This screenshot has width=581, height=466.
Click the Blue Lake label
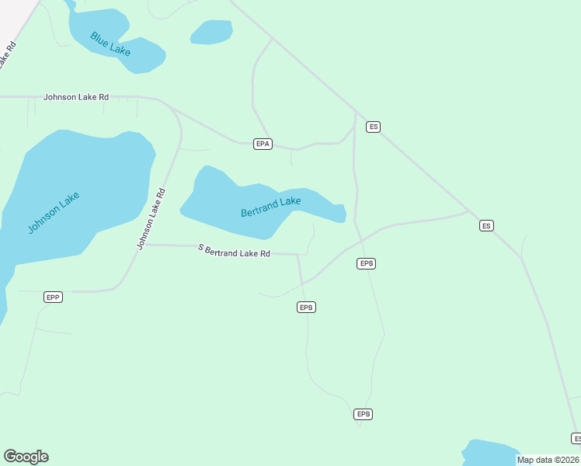click(110, 43)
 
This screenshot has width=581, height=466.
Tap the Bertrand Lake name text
click(270, 207)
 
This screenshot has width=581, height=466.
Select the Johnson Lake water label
click(54, 213)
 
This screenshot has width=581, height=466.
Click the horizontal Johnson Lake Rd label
click(76, 97)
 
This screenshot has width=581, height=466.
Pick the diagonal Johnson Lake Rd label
click(151, 219)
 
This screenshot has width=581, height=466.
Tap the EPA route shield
click(263, 144)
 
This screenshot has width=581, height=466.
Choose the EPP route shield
click(53, 297)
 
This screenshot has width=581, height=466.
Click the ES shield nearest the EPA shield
click(373, 127)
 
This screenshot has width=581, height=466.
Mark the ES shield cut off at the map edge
click(576, 439)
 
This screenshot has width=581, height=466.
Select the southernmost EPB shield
click(363, 414)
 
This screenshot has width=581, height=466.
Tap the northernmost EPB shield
click(367, 263)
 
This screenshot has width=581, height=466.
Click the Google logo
click(26, 457)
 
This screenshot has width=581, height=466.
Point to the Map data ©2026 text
click(548, 460)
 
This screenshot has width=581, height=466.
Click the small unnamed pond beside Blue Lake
click(211, 32)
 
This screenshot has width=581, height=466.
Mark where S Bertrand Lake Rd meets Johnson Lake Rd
click(147, 245)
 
